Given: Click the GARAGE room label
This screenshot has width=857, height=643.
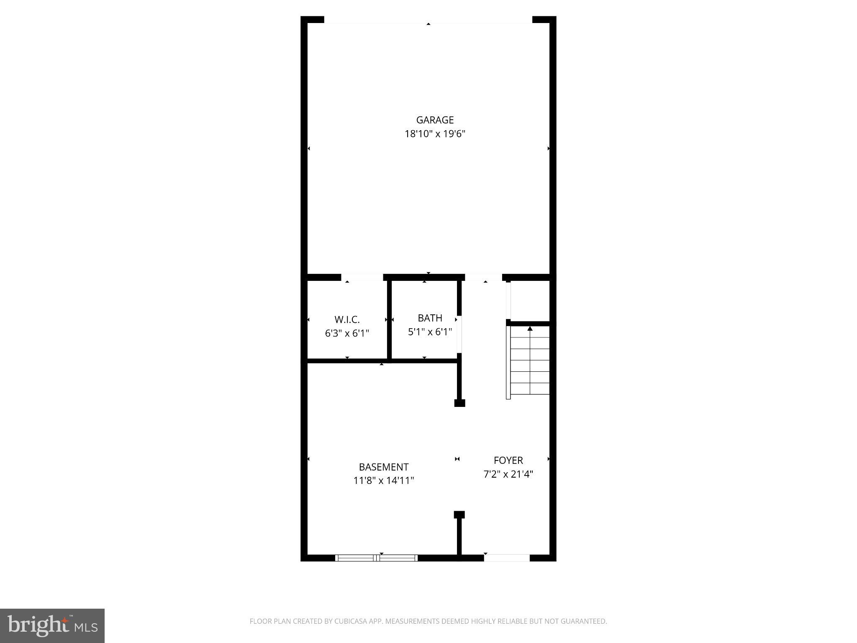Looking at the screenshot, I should point(435,120).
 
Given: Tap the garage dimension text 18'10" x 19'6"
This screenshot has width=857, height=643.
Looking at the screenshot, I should point(435,134).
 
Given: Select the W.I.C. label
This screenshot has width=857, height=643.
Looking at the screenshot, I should point(347,320).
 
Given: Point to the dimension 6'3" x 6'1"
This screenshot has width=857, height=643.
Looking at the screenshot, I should point(347,334).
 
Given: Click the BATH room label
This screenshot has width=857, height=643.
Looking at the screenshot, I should point(430,318).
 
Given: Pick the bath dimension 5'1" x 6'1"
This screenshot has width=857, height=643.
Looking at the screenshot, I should point(430,332).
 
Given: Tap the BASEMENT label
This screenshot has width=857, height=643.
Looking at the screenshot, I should point(384,467).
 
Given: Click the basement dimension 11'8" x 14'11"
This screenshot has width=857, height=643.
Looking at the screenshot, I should point(384,481).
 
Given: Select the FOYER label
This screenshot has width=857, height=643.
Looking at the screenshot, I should point(508,460).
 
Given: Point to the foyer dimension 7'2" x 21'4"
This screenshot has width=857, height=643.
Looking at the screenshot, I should point(508,474).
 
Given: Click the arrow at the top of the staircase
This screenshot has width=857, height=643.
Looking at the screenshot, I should point(530,329).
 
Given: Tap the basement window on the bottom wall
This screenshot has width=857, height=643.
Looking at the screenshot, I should point(377,558).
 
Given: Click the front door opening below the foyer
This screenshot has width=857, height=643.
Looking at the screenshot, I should point(507,558).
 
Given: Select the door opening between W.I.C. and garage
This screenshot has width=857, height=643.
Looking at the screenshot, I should point(362,277).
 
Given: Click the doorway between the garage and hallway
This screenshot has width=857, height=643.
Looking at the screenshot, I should point(483,277).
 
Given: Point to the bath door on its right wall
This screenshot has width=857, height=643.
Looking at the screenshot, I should point(459,334).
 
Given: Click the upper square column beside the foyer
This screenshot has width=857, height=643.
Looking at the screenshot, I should point(459,403).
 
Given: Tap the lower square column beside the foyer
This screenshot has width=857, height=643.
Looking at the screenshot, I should point(459,515).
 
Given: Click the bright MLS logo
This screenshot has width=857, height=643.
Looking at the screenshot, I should point(52,625).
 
